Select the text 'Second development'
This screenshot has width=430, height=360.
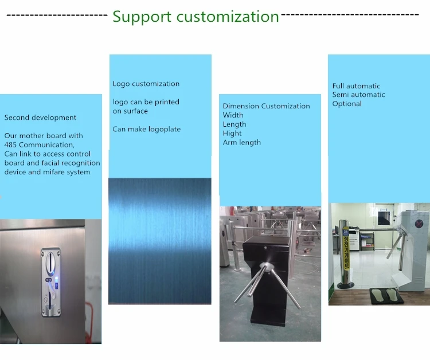[x=40, y=118]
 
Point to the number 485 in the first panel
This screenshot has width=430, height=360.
[x=11, y=145]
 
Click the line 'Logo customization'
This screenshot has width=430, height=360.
[x=146, y=84]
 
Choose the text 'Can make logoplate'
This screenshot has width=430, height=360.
[x=146, y=129]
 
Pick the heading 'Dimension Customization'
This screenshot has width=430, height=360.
[x=266, y=106]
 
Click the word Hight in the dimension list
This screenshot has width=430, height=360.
[x=232, y=134]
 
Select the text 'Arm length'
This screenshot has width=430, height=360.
[x=241, y=143]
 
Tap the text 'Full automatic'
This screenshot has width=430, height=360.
[x=356, y=86]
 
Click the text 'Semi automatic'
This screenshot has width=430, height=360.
[x=358, y=95]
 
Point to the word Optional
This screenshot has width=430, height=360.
[x=347, y=104]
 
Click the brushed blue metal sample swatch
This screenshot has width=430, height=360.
[x=159, y=241]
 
